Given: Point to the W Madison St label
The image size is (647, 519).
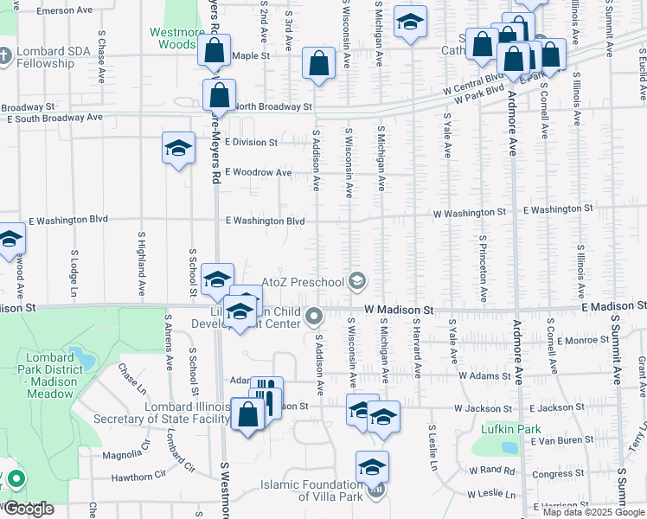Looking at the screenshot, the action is [x=398, y=309].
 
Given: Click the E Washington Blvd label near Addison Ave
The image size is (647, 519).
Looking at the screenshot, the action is [x=265, y=221].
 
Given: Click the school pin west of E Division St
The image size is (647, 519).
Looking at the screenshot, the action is [x=178, y=147].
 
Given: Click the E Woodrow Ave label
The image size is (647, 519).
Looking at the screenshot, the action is [x=259, y=172].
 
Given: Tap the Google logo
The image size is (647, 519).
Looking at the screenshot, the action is [x=29, y=509].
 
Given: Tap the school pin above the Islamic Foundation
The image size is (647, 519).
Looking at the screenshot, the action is [x=372, y=467].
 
